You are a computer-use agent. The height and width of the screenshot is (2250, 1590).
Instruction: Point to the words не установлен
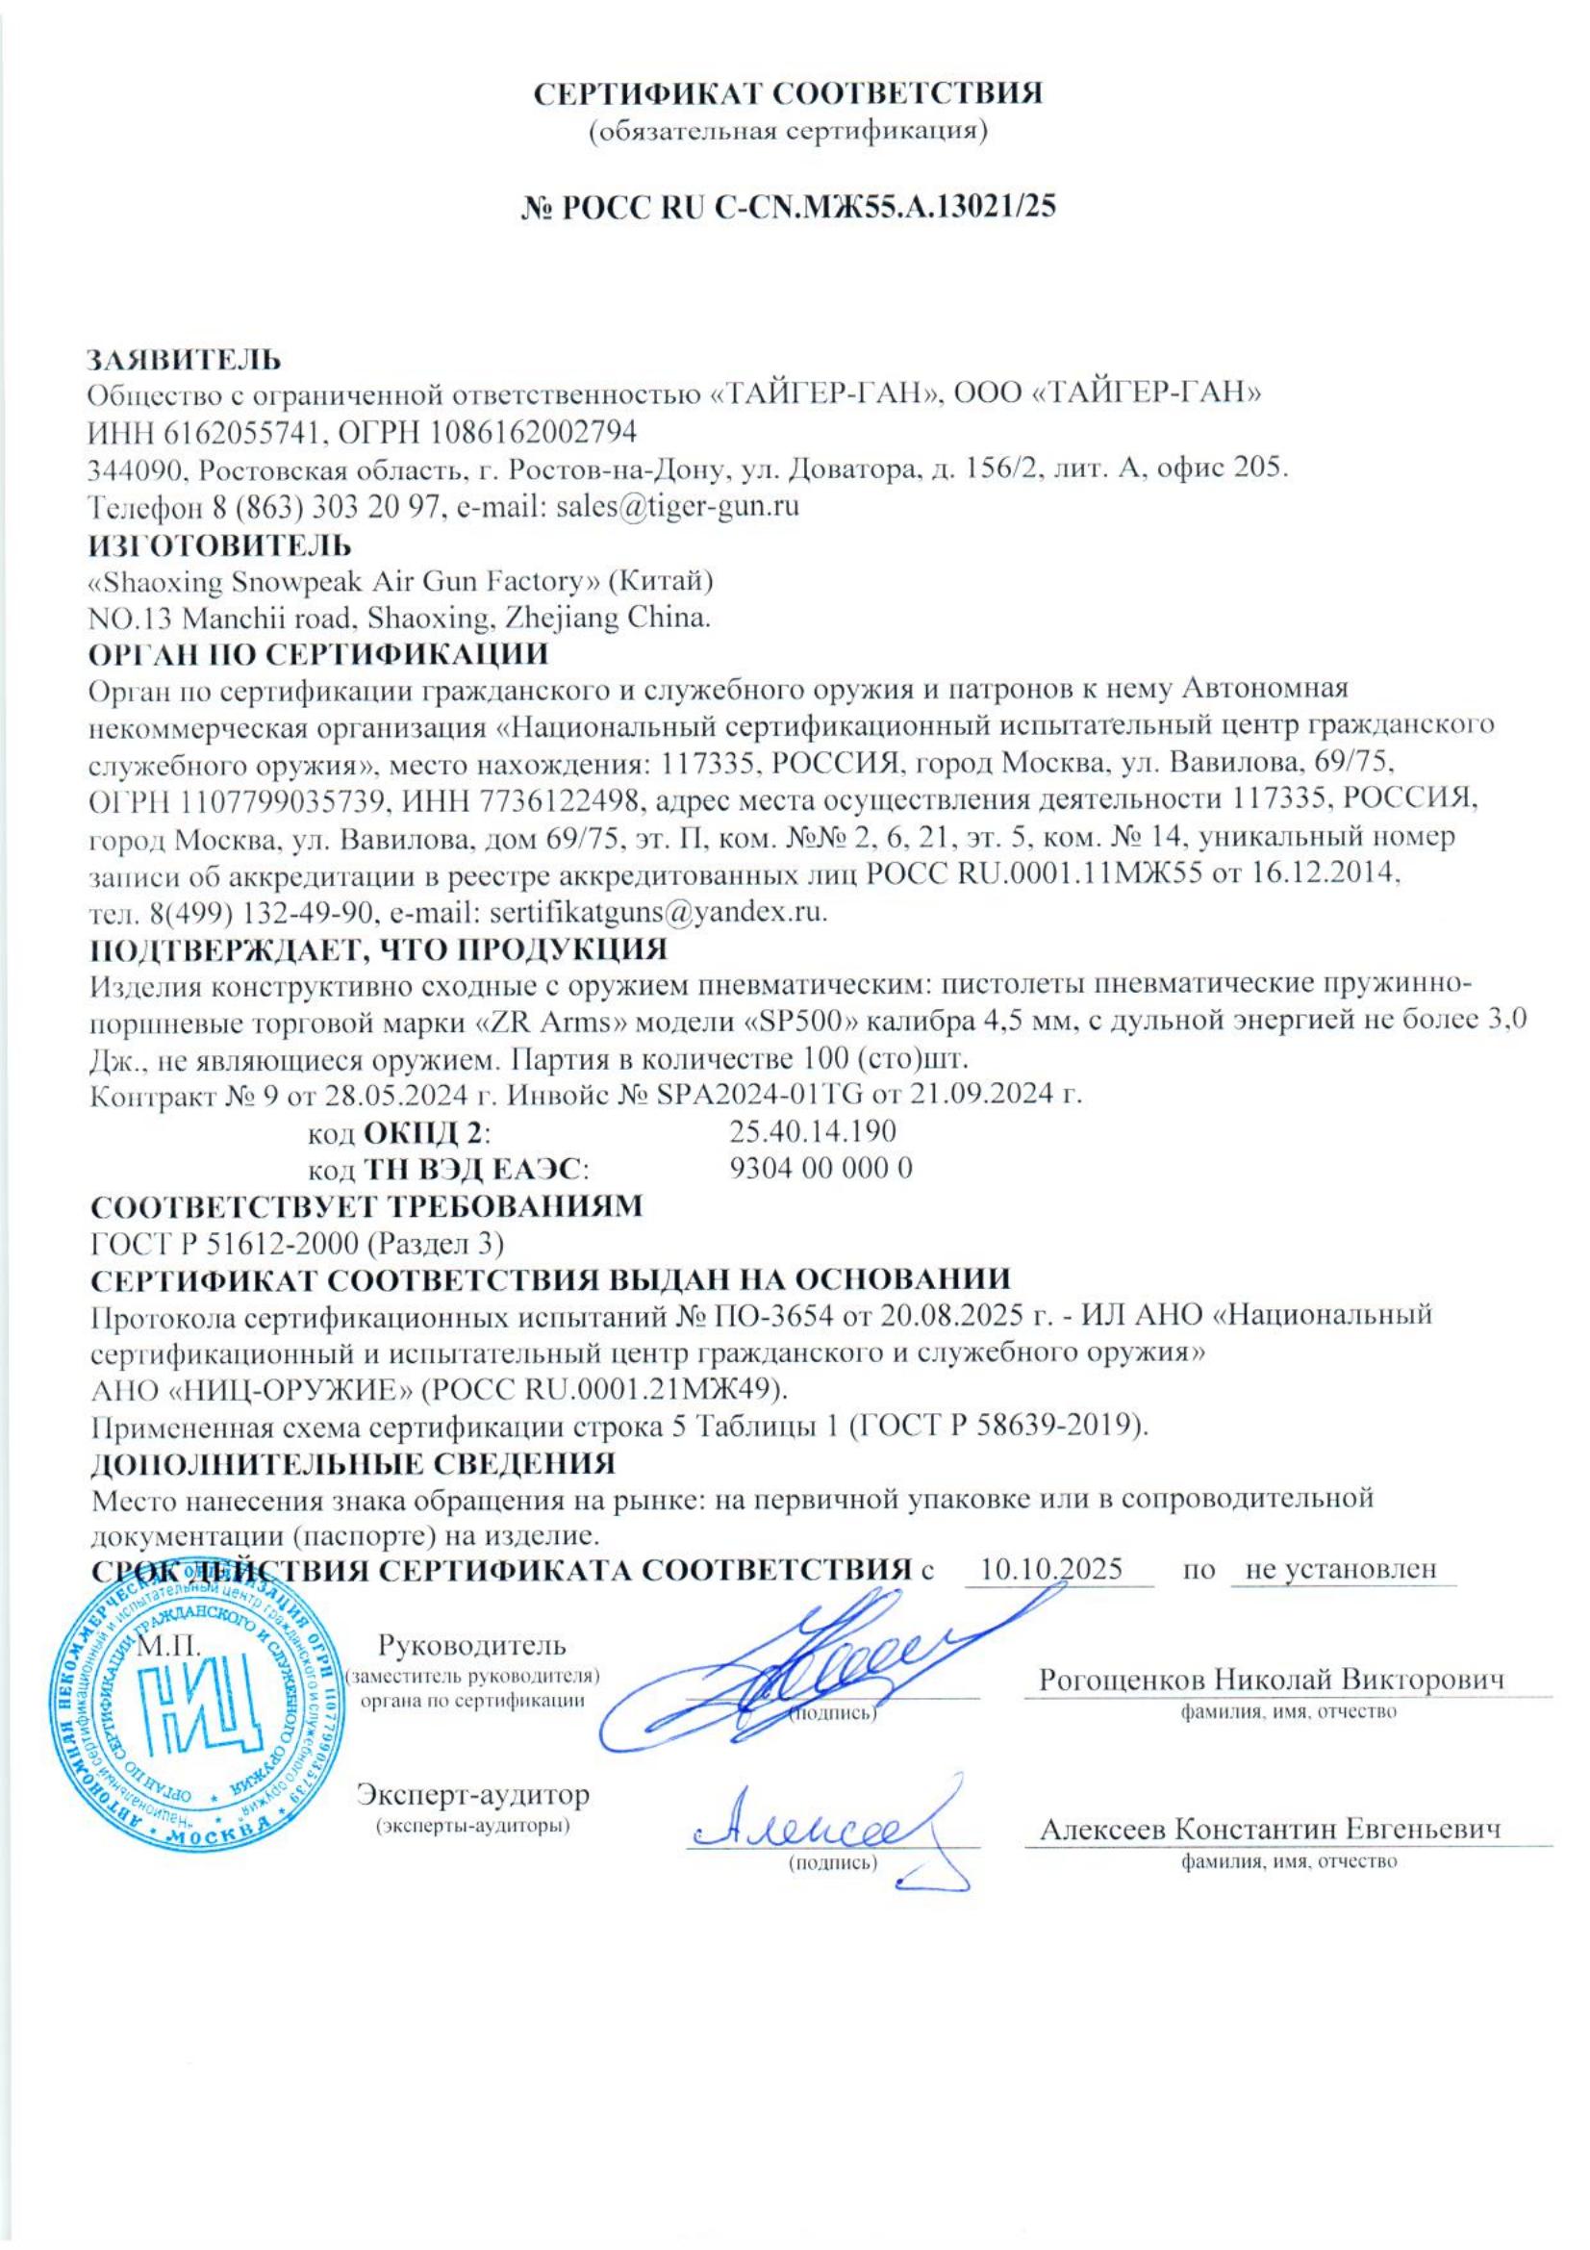click(1340, 1567)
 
